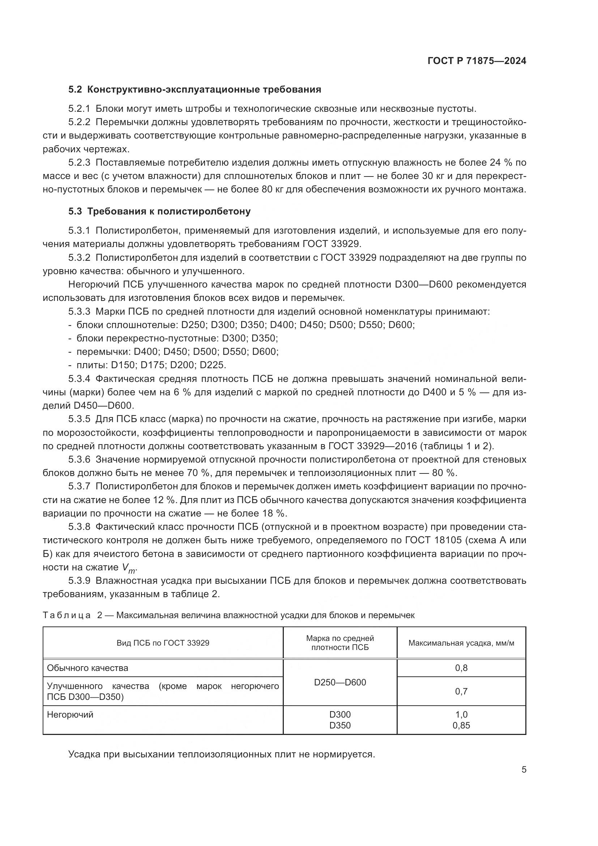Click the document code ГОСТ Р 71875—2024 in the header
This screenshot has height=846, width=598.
coord(477,61)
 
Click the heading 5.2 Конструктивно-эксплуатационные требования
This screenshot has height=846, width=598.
coord(195,90)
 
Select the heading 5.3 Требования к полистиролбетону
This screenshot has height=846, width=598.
coord(159,211)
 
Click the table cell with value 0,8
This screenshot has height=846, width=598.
coord(461,668)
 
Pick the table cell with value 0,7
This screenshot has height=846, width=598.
coord(461,691)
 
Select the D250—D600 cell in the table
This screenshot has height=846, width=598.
coord(340,682)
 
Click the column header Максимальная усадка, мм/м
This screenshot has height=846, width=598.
coord(461,643)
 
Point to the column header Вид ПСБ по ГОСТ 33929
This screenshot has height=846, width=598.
coord(163,643)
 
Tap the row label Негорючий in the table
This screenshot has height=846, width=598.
coord(71,714)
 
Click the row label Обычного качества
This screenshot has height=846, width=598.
coord(87,668)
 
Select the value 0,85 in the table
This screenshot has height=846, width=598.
coord(461,726)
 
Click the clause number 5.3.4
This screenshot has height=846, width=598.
coord(79,379)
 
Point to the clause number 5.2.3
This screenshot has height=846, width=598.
coord(79,162)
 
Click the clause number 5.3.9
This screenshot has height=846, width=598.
coord(79,581)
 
